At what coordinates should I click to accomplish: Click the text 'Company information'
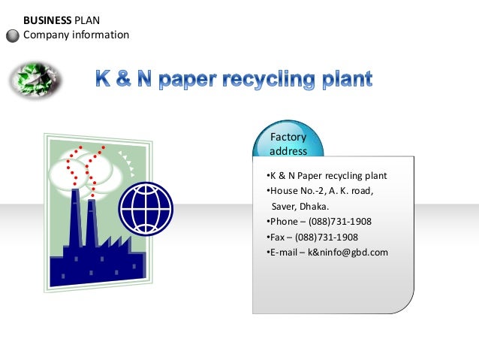click(x=77, y=35)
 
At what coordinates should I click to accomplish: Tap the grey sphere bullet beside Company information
click(x=13, y=35)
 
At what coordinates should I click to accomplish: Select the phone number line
click(x=319, y=222)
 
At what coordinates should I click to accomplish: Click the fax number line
click(x=312, y=237)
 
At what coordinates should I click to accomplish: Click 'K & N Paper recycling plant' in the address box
click(x=327, y=176)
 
